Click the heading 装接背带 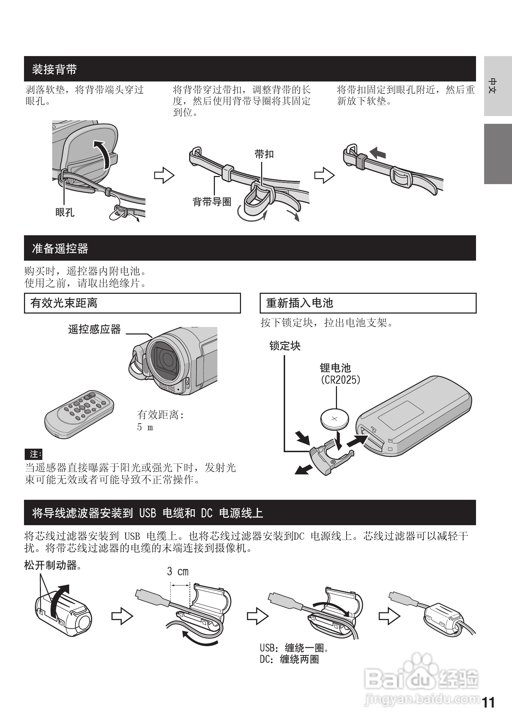54,69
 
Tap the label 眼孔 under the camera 65,212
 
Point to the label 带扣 264,154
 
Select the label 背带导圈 212,202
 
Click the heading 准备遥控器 60,249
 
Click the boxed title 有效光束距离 64,303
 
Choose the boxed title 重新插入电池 300,303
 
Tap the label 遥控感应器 94,330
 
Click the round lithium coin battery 335,419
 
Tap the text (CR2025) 340,380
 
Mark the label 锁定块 285,346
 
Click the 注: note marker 34,454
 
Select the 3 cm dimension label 177,571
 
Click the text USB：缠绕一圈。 295,648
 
